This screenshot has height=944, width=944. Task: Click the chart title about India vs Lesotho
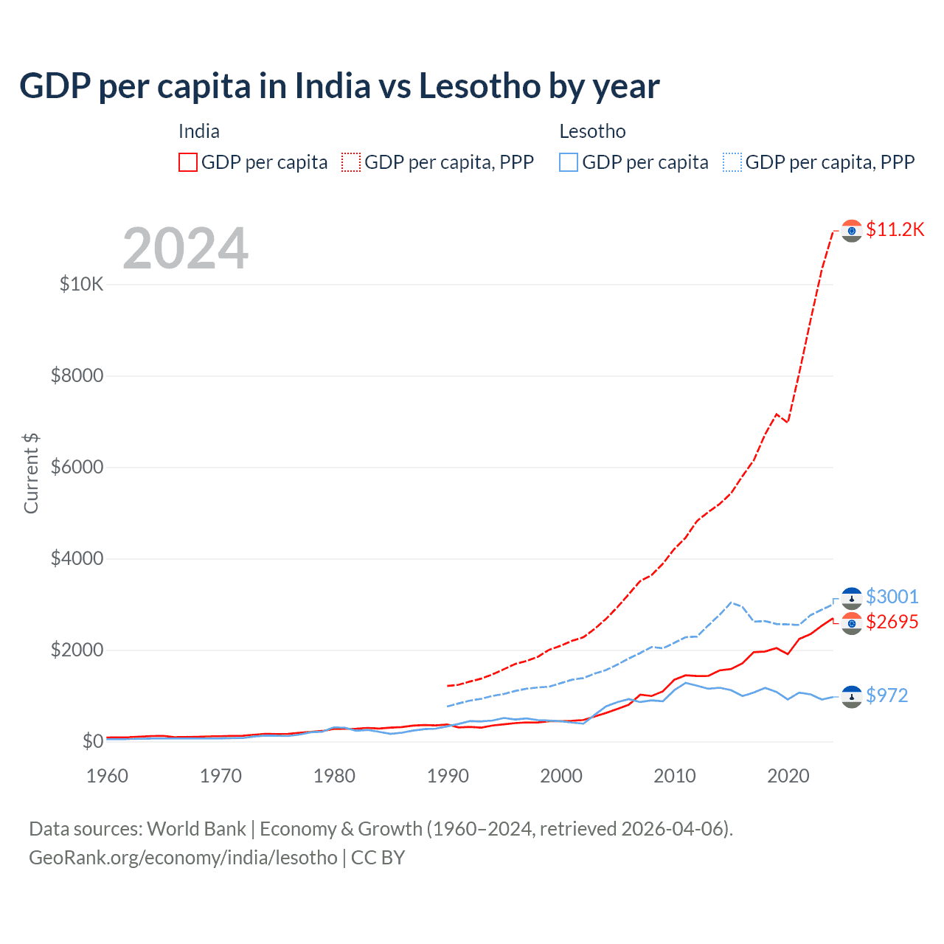click(339, 86)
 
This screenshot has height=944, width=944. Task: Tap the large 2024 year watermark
click(185, 249)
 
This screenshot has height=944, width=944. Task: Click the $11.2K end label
click(895, 229)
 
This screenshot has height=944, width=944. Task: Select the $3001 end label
click(892, 597)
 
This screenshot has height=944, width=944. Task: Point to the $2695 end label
click(892, 622)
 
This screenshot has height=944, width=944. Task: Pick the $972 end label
click(886, 695)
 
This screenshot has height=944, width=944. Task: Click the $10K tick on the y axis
click(82, 284)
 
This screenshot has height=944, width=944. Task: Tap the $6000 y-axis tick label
click(77, 467)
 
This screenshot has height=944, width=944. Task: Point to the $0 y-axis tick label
click(92, 741)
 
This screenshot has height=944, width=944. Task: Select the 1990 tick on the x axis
click(448, 776)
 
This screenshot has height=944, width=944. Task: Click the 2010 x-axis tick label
click(675, 776)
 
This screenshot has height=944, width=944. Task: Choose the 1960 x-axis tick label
click(108, 776)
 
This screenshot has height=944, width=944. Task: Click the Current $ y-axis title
click(31, 473)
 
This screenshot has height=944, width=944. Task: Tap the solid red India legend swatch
click(188, 162)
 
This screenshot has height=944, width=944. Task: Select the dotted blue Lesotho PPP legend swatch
click(732, 162)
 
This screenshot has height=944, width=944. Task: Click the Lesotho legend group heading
click(592, 131)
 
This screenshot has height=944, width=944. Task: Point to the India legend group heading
click(199, 131)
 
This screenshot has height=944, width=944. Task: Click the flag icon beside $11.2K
click(852, 230)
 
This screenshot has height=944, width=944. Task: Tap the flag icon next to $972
click(852, 696)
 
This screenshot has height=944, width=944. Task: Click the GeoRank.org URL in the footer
click(183, 858)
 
